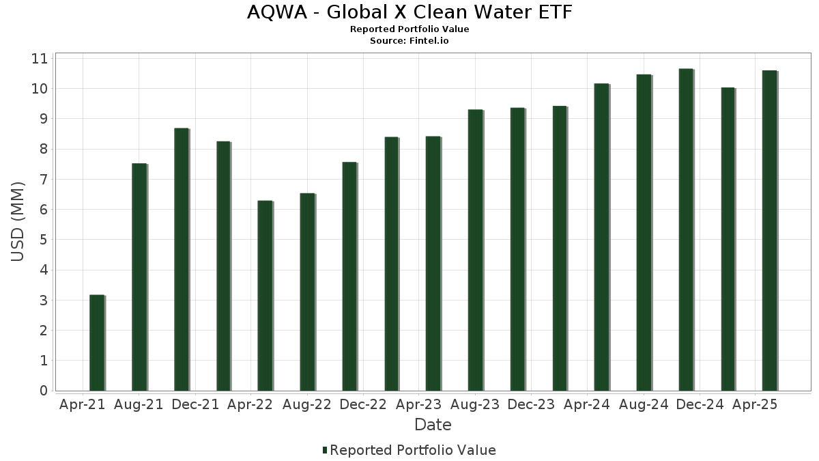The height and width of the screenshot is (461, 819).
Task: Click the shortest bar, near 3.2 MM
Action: pos(97,343)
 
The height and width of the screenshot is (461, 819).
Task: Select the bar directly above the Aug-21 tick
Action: pos(139,277)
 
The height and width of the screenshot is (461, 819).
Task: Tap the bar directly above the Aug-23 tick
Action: pos(475,250)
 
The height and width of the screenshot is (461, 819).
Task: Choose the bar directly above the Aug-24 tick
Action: pos(644,232)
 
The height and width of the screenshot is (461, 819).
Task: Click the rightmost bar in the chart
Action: pos(770,230)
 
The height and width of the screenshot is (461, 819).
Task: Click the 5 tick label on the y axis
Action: pos(44,240)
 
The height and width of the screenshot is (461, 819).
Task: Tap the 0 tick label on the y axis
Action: pos(44,391)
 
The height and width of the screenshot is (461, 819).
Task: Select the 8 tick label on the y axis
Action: pos(44,149)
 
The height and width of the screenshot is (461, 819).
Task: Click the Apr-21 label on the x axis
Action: pos(83,404)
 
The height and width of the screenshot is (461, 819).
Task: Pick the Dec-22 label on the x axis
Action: pos(363,404)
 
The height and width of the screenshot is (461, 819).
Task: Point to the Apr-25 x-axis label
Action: pos(755,404)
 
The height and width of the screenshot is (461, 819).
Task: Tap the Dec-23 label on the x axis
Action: pos(531,404)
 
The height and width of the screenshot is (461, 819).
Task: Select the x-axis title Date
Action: pos(433,425)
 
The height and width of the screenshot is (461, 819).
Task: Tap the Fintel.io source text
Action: pos(430,41)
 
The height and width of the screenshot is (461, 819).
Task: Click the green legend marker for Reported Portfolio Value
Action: pos(325,450)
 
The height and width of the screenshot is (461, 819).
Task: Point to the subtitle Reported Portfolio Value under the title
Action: pos(409,29)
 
